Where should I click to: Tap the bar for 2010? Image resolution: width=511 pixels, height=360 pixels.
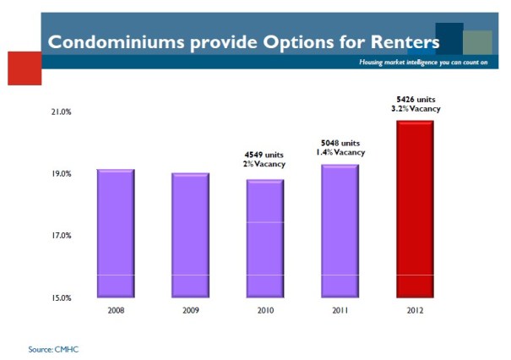(265, 238)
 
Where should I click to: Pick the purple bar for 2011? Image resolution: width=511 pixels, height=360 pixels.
(340, 231)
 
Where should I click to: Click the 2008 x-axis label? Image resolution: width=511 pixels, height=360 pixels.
(116, 310)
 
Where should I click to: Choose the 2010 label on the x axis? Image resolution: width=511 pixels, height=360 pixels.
(265, 310)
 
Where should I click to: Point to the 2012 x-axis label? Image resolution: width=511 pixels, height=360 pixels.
(416, 310)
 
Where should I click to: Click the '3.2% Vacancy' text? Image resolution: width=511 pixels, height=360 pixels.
(416, 108)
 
